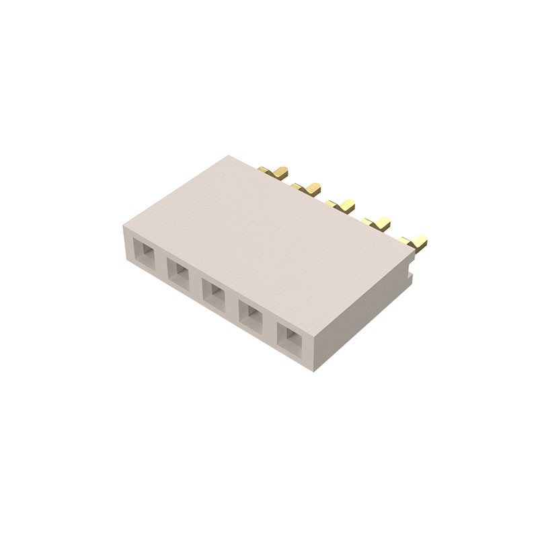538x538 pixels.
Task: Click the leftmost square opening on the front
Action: click(x=143, y=254)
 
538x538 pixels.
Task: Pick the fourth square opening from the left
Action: click(x=253, y=313)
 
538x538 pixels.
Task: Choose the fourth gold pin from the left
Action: click(x=378, y=221)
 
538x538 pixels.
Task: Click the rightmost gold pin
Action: click(x=414, y=240)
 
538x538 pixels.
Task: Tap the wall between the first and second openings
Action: click(x=161, y=264)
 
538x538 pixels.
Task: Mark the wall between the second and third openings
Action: click(x=198, y=283)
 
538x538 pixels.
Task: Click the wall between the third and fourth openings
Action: click(x=235, y=304)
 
